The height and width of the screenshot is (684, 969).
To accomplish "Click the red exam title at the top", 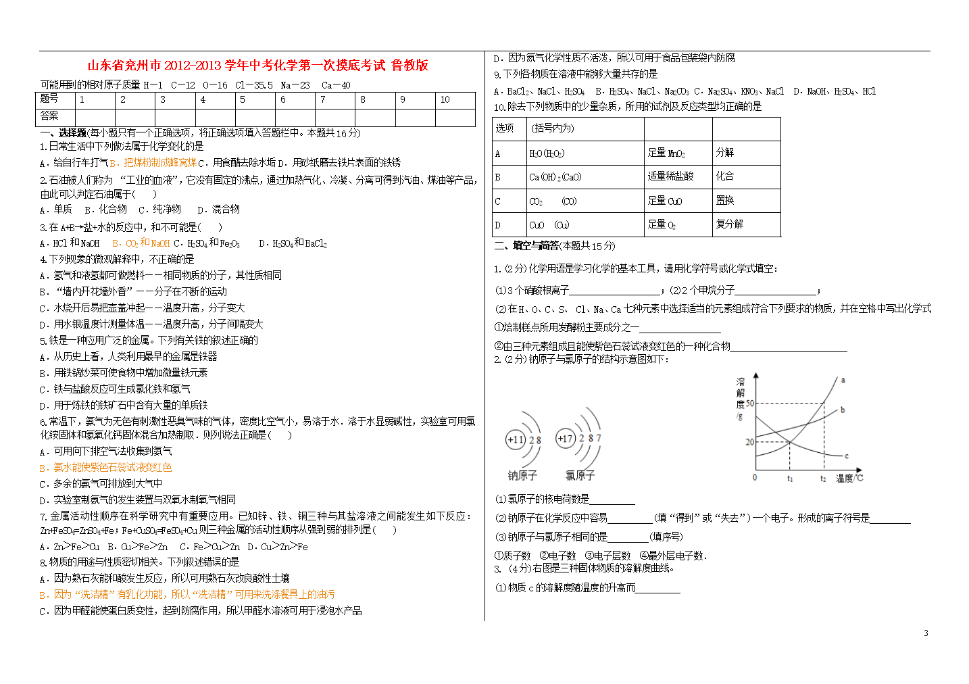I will click(x=257, y=66).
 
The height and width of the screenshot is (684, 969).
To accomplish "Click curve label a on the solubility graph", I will click(x=843, y=381).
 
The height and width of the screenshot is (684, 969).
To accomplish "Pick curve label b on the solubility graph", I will click(x=843, y=410).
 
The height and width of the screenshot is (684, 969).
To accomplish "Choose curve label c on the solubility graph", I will click(x=846, y=456).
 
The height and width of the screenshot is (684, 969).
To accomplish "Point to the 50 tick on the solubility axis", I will click(x=749, y=404).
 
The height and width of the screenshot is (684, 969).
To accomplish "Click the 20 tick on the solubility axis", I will click(x=749, y=442).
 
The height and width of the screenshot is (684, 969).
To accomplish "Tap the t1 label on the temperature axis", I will click(x=790, y=479).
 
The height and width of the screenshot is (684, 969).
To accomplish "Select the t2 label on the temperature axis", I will click(x=823, y=479).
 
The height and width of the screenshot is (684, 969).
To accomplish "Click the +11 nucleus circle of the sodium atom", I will click(x=516, y=440).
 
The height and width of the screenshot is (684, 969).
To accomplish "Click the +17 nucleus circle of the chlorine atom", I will click(x=565, y=439).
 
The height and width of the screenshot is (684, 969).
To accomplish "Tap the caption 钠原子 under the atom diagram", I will click(x=522, y=476).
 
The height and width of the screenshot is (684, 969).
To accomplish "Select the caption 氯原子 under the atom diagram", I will click(x=580, y=476).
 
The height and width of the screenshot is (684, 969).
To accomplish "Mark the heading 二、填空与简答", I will click(x=526, y=245).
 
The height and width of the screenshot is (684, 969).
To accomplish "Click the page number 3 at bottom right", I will click(x=926, y=633).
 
